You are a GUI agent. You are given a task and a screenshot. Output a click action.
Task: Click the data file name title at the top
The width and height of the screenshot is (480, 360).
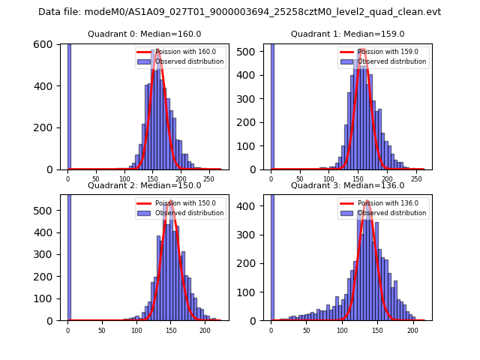pos(239,12)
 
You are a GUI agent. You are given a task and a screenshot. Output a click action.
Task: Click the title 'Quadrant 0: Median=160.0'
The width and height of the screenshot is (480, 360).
pos(145,34)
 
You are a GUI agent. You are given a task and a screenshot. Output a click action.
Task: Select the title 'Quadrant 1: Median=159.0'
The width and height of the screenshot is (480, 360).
pos(347,34)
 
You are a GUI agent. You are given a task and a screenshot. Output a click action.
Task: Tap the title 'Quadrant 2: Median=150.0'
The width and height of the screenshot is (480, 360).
pos(145,185)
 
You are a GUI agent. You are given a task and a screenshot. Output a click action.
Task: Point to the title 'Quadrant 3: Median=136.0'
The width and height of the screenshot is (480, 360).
pos(347,185)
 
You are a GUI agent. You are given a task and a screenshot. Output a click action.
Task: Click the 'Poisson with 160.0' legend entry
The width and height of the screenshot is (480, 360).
pos(181,52)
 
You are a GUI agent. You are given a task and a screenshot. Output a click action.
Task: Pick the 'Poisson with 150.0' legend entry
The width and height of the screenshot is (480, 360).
pos(181,202)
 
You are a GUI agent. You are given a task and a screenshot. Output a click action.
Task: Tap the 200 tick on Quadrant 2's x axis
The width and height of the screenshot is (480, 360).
pos(205,330)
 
